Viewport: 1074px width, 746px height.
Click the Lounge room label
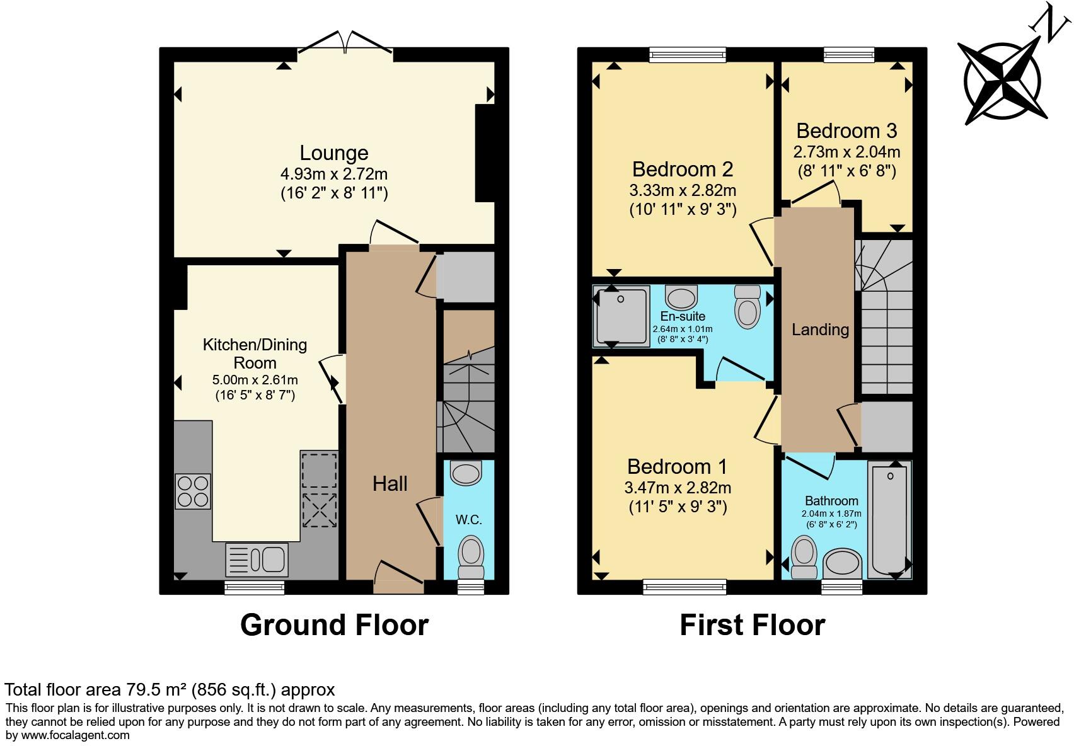pos(333,153)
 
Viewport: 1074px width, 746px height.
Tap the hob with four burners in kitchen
pos(193,491)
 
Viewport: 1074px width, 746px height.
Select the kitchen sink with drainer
pos(257,559)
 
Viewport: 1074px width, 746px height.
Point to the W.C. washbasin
pos(466,473)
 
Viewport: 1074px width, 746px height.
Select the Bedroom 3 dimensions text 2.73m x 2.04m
pos(846,152)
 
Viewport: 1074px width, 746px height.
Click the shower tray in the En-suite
pos(621,316)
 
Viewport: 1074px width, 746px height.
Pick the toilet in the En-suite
pos(748,307)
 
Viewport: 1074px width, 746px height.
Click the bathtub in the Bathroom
pos(889,519)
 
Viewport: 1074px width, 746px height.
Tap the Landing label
pos(820,330)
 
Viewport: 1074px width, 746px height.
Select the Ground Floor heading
pos(334,625)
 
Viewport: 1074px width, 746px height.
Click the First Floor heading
pos(752,625)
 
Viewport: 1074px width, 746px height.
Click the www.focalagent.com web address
pos(75,735)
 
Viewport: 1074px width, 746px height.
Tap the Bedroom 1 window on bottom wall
pos(684,587)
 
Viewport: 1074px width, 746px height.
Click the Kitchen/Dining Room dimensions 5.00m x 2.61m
pos(255,380)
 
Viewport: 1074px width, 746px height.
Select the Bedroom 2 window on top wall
pos(688,55)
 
